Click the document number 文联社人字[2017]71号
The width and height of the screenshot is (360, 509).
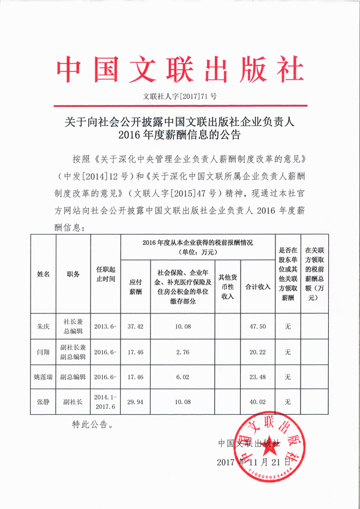pos(180,96)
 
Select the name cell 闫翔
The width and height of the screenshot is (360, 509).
pos(43,351)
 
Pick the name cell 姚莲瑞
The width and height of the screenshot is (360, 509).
pos(43,377)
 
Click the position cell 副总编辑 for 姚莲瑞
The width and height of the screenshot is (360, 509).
pos(73,377)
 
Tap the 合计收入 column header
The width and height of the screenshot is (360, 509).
pos(257,288)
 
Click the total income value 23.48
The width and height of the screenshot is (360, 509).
pos(257,377)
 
